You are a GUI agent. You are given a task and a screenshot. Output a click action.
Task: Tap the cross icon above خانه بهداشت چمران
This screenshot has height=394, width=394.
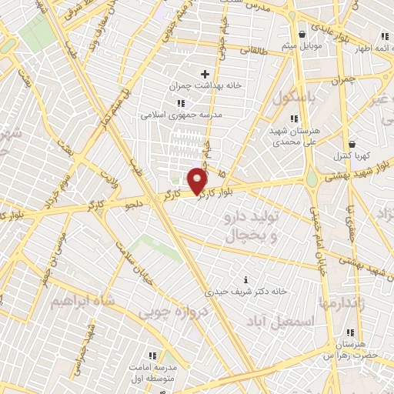pyautogui.click(x=205, y=74)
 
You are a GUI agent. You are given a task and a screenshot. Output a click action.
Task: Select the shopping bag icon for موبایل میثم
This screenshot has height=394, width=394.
pyautogui.click(x=301, y=35)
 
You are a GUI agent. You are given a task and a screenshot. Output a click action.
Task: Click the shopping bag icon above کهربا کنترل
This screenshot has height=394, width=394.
pyautogui.click(x=352, y=144)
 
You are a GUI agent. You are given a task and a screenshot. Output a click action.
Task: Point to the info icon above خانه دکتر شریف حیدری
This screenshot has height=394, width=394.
pyautogui.click(x=245, y=279)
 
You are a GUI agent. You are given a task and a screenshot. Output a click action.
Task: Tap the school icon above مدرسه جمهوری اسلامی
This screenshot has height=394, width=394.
pyautogui.click(x=181, y=103)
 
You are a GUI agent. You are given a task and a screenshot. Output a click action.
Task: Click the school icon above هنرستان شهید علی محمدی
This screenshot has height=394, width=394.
pyautogui.click(x=293, y=118)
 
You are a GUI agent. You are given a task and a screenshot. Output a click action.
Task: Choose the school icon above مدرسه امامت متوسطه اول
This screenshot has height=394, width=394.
pyautogui.click(x=152, y=355)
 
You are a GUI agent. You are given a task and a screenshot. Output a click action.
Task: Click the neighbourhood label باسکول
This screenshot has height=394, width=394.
pyautogui.click(x=295, y=98)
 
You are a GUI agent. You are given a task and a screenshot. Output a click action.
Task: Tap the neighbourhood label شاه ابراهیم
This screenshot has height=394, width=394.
pyautogui.click(x=76, y=301)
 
